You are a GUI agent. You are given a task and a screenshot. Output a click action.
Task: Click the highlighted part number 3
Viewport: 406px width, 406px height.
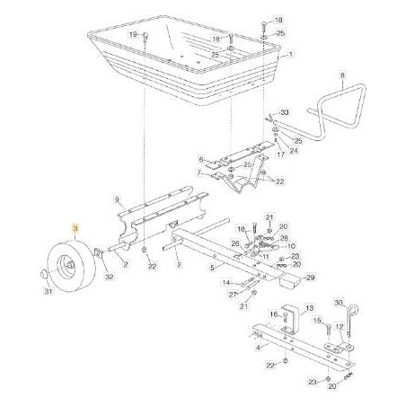coord(76,232)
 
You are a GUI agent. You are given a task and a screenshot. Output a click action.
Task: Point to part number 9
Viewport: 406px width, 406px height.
coord(116,199)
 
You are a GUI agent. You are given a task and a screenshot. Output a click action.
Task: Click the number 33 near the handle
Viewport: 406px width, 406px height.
coord(285,111)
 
